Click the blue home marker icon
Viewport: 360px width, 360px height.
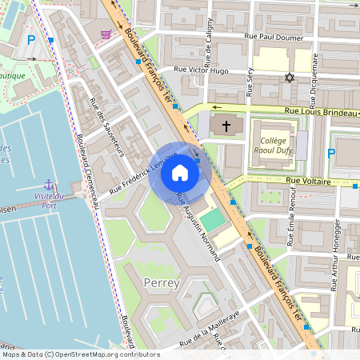180,173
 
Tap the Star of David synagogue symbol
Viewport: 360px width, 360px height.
290,78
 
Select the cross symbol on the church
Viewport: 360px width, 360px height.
226,126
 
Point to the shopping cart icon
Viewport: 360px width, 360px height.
106,34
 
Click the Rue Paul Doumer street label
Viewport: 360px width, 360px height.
271,36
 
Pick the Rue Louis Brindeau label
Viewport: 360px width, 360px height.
318,113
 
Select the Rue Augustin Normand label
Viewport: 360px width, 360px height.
198,228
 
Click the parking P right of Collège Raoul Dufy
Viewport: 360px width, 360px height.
331,153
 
